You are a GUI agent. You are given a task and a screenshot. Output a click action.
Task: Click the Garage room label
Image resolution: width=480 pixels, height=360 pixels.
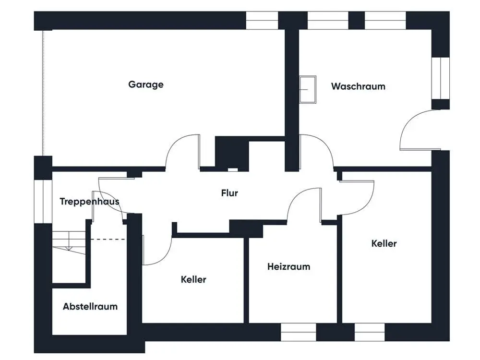pos(146,84)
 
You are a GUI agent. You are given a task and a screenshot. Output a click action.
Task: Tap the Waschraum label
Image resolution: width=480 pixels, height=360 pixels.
pos(358,86)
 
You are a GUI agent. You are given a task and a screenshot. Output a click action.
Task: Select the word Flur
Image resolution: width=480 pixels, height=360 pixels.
pos(229,193)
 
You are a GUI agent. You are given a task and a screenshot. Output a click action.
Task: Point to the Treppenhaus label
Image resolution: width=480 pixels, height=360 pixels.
pos(89,202)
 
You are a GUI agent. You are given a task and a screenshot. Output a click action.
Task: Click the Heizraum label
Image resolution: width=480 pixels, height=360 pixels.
pos(288,266)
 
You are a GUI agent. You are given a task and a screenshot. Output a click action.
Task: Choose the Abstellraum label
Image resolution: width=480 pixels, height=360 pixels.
pos(90,306)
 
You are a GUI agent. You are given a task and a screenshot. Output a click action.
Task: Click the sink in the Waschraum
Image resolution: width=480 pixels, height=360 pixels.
pos(308,89)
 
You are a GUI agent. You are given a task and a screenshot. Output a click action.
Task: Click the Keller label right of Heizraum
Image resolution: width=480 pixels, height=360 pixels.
pos(384,243)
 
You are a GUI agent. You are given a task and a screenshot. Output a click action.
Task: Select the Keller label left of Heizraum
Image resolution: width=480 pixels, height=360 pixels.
pos(193,279)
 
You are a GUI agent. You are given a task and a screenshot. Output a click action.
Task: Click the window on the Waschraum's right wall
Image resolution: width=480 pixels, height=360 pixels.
pos(441,78)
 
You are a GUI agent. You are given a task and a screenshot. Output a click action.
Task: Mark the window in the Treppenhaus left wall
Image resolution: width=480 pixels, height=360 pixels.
pos(43,202)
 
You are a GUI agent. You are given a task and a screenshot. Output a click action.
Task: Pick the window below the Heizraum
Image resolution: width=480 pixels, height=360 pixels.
pos(299,332)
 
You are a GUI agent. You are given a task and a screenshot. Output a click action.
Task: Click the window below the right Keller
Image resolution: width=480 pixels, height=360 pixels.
pos(370,332)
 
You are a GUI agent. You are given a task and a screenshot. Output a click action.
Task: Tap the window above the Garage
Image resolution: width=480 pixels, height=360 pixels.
pos(262,21)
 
